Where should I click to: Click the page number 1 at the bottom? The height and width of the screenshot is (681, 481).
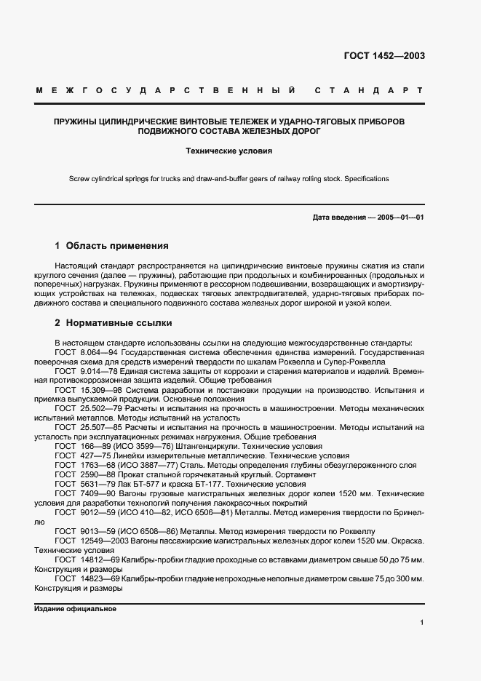pyautogui.click(x=421, y=623)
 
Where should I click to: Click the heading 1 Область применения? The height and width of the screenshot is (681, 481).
pyautogui.click(x=111, y=246)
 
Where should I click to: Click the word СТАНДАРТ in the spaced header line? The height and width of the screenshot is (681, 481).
pyautogui.click(x=368, y=91)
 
